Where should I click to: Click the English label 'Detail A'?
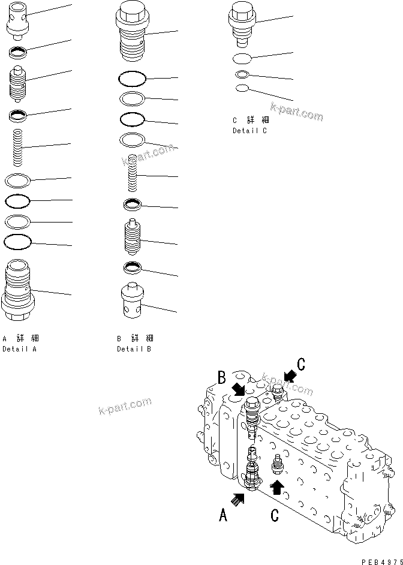point(19,348)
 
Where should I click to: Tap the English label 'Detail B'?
point(134,348)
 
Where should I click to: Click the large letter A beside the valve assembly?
point(223,515)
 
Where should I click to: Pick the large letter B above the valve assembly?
point(221,378)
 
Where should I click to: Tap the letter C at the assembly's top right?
point(301,363)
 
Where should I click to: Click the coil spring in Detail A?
point(19,148)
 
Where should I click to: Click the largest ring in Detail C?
point(243,59)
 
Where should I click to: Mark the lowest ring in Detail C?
point(242,88)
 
